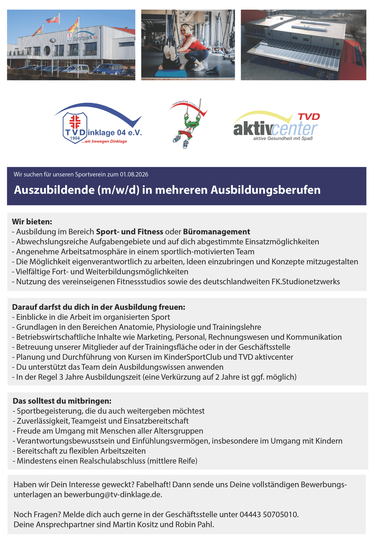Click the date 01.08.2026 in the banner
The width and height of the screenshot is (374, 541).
134,174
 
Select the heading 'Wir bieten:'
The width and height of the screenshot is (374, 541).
32,222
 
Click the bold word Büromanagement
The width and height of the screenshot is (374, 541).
217,232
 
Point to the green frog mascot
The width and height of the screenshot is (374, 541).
190,124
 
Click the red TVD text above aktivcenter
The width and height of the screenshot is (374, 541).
309,117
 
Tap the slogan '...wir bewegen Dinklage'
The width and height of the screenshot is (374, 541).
104,141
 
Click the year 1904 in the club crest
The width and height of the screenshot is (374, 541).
75,138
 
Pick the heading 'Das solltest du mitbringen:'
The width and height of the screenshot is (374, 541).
62,401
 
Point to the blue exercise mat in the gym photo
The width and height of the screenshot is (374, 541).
171,73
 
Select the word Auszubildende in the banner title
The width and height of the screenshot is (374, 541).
54,190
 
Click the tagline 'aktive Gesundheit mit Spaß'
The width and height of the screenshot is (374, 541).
283,138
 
